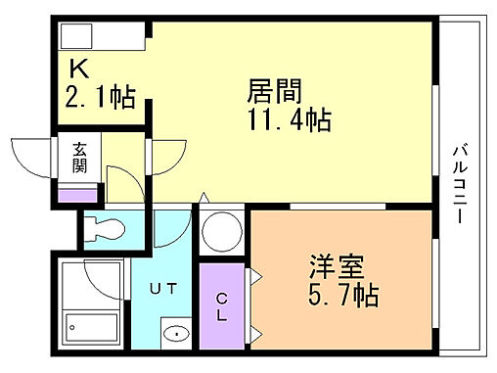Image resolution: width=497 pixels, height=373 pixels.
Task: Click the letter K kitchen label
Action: [x=78, y=70]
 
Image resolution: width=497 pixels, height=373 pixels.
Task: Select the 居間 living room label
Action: [x=272, y=93]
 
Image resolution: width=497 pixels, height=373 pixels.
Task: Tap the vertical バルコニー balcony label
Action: [x=458, y=185]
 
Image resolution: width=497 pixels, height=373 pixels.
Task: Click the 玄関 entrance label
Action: [x=78, y=158]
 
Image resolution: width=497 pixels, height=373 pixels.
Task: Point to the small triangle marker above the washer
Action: [x=203, y=198]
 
